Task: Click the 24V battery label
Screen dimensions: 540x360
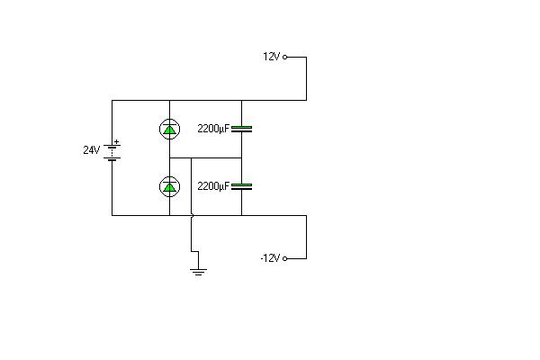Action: pyautogui.click(x=91, y=150)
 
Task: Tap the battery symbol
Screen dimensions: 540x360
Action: pyautogui.click(x=112, y=153)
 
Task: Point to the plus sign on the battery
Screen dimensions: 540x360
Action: pyautogui.click(x=117, y=141)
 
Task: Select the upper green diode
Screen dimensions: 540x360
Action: pyautogui.click(x=169, y=129)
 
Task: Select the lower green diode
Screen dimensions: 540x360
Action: pyautogui.click(x=169, y=186)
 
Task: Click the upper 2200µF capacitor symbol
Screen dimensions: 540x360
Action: pyautogui.click(x=241, y=129)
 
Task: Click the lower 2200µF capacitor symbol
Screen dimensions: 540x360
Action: pyautogui.click(x=241, y=186)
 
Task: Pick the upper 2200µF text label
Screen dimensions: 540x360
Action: pyautogui.click(x=213, y=129)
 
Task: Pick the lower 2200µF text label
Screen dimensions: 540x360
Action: pyautogui.click(x=213, y=186)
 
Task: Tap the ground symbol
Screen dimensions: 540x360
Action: pyautogui.click(x=198, y=272)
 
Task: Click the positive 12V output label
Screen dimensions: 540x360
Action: pyautogui.click(x=272, y=57)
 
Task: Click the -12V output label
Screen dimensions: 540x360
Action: pyautogui.click(x=270, y=258)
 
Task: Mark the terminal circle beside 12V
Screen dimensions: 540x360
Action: pyautogui.click(x=284, y=58)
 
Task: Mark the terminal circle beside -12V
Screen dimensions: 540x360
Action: pyautogui.click(x=284, y=258)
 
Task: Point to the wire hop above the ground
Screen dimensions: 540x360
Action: pyautogui.click(x=193, y=216)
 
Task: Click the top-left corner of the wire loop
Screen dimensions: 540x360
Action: pyautogui.click(x=112, y=101)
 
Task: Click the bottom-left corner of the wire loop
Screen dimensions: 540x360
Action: pyautogui.click(x=112, y=216)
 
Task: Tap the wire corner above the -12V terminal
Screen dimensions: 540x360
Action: pyautogui.click(x=307, y=216)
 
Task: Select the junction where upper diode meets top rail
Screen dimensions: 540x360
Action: pyautogui.click(x=169, y=101)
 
